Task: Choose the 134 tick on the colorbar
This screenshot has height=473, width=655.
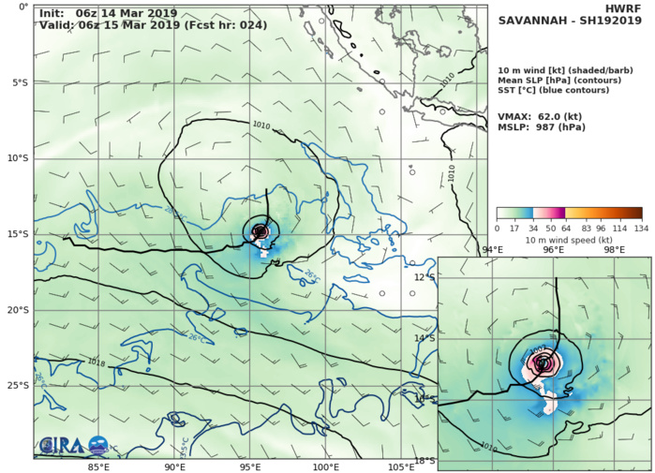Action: pos(642,227)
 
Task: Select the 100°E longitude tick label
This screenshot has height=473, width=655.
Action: pos(325,466)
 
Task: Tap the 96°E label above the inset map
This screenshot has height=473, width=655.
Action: pos(554,250)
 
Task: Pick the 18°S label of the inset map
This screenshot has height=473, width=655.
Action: pos(424,460)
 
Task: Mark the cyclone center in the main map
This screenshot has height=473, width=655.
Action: pos(260,231)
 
